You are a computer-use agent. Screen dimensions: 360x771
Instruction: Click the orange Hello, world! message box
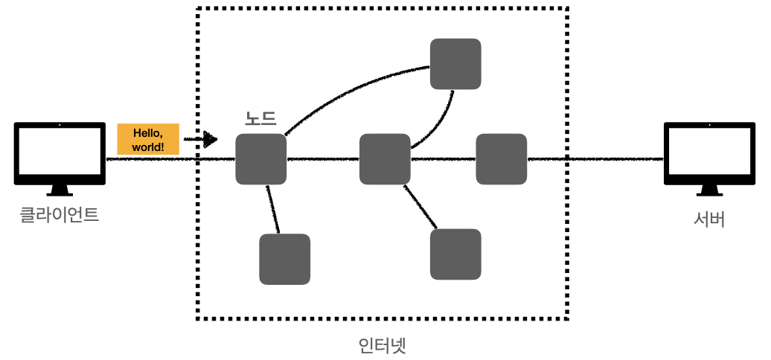tap(148, 139)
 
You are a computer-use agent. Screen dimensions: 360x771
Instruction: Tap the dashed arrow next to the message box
tap(200, 139)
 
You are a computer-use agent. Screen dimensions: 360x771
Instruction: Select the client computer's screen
tap(60, 151)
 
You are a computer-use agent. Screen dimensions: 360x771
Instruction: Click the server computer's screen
tap(709, 151)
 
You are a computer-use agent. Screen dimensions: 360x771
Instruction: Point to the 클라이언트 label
tap(60, 216)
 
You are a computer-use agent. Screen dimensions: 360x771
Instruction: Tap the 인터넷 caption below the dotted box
tap(382, 345)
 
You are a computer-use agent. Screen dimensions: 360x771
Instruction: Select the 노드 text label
tap(260, 118)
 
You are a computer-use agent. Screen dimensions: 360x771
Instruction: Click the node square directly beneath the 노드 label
tap(261, 159)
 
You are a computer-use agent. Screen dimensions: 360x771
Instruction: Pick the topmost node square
tap(455, 64)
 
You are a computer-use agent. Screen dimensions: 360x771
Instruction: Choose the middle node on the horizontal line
tap(385, 159)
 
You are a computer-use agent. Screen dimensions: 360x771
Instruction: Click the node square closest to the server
tap(501, 159)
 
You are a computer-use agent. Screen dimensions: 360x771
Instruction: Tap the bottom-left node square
tap(284, 259)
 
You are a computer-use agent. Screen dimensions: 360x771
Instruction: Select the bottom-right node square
tap(455, 254)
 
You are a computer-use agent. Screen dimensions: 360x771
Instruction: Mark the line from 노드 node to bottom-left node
tap(273, 209)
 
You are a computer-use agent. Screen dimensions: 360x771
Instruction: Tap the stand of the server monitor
tap(709, 190)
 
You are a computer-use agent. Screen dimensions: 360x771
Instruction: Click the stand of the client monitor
tap(60, 190)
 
